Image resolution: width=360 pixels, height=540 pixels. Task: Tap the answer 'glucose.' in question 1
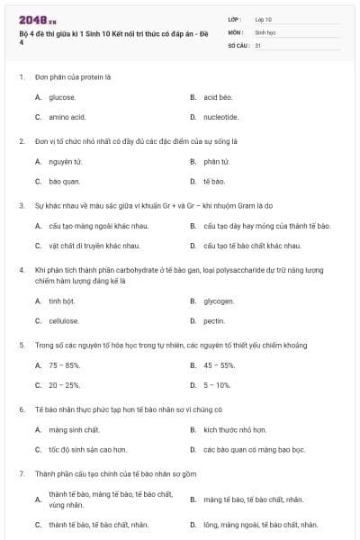coord(62,97)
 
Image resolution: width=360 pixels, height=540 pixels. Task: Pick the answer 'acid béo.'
coord(218,97)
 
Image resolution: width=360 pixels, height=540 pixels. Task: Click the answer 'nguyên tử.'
coord(66,162)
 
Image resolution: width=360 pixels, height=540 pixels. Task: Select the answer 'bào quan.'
coord(65,182)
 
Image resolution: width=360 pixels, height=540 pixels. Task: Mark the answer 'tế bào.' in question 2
coord(214,182)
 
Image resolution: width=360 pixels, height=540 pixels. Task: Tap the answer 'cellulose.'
coord(64,320)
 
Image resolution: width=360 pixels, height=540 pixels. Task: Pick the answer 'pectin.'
coord(214,320)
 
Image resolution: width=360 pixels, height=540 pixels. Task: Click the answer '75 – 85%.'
coord(65,365)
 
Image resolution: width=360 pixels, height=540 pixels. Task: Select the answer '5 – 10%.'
coord(217,385)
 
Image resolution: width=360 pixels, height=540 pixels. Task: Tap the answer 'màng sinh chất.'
coord(74,430)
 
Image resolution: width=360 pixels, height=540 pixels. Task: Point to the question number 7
coord(21,472)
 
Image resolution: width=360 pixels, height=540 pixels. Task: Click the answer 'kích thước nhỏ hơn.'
coord(235,430)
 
